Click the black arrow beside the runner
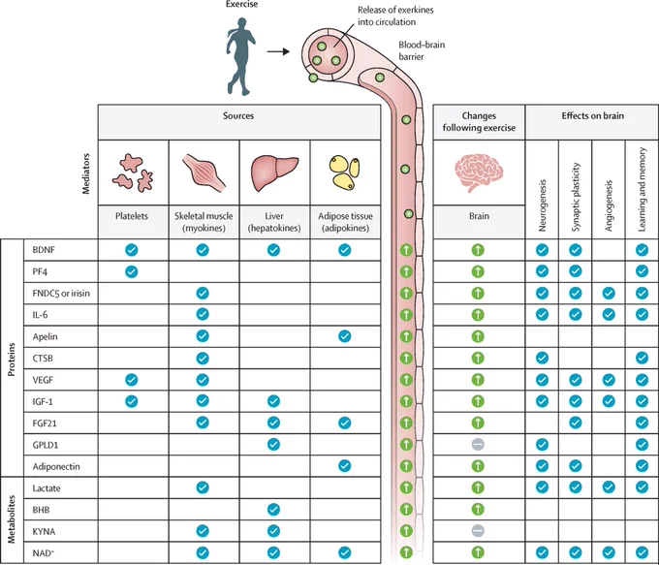[x=278, y=51]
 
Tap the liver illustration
[x=274, y=173]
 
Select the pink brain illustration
[x=479, y=173]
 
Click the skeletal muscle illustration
[x=204, y=173]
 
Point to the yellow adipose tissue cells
[x=345, y=173]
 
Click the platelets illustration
[x=133, y=173]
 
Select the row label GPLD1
[x=45, y=445]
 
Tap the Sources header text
[x=238, y=115]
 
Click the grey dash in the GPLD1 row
[x=478, y=445]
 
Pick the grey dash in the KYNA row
[x=478, y=531]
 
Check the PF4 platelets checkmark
[x=132, y=271]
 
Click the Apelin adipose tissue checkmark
[x=345, y=336]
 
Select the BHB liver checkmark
[x=273, y=510]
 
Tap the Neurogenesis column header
[x=542, y=205]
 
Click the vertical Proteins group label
[x=12, y=360]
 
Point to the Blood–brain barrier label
[x=422, y=50]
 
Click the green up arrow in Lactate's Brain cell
[x=478, y=487]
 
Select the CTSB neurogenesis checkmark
[x=542, y=358]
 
